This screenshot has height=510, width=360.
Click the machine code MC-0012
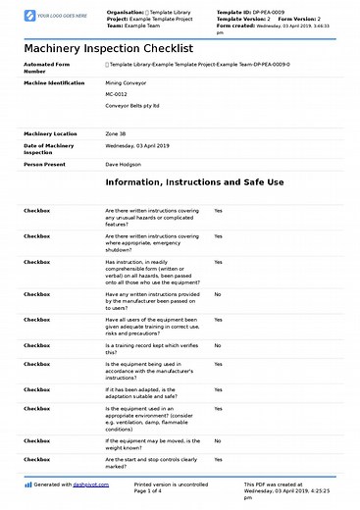click(x=117, y=95)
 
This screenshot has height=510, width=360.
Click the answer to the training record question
click(x=217, y=345)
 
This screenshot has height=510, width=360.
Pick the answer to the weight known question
click(x=217, y=440)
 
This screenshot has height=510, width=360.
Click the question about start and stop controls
click(x=151, y=462)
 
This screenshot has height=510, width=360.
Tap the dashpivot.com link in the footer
click(x=86, y=484)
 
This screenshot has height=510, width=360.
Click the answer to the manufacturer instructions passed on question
click(x=217, y=294)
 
